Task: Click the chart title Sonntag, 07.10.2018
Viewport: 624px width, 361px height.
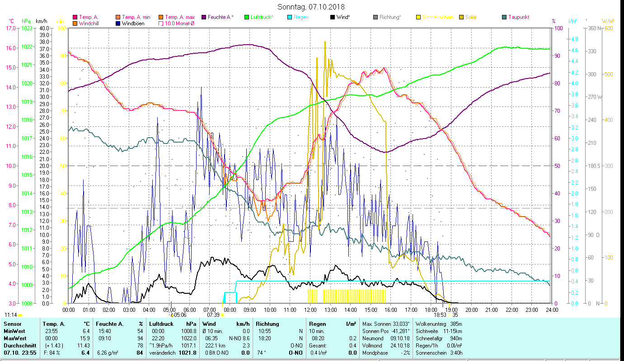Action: click(312, 7)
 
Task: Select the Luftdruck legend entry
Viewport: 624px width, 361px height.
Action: click(262, 17)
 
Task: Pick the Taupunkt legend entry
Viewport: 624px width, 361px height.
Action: click(518, 17)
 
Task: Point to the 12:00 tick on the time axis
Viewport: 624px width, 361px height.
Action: click(310, 310)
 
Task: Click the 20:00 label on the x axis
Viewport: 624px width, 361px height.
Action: click(471, 310)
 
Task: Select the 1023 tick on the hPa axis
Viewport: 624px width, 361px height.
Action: click(27, 28)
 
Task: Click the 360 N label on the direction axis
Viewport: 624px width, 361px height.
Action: click(594, 28)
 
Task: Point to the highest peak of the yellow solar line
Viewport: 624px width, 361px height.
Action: click(325, 42)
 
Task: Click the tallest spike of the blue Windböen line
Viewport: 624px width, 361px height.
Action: click(201, 88)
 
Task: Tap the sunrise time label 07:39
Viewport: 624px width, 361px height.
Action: click(213, 315)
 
